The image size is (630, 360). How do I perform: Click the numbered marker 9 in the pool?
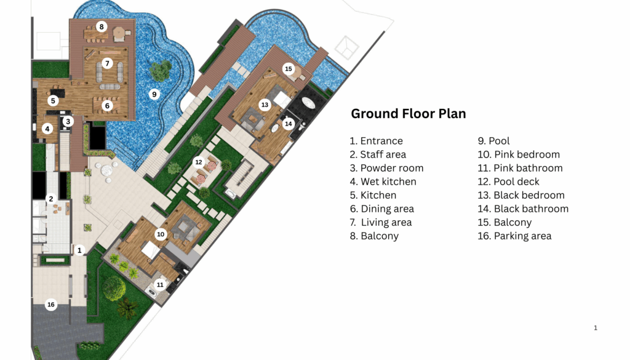click(x=154, y=94)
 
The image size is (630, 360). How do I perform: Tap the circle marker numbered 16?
click(x=51, y=305)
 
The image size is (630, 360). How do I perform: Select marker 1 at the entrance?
click(x=79, y=250)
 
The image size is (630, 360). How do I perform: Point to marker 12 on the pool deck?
click(x=199, y=162)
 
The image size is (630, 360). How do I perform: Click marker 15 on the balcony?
click(x=289, y=69)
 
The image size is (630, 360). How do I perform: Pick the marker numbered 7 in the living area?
click(x=107, y=63)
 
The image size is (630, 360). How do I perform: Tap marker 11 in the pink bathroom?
click(x=160, y=285)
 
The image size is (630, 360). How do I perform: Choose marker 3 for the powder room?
click(x=68, y=121)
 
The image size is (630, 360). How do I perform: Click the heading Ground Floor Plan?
click(x=409, y=114)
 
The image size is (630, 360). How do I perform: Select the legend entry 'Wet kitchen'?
click(x=383, y=182)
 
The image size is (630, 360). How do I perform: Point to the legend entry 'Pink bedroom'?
click(x=519, y=154)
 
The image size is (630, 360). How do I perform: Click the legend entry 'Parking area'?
click(x=514, y=236)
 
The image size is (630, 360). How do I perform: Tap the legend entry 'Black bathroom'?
click(x=523, y=209)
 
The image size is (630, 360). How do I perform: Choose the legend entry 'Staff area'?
click(x=378, y=154)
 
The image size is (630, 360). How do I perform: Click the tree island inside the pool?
click(x=161, y=71)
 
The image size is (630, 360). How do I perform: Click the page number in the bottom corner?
click(x=596, y=328)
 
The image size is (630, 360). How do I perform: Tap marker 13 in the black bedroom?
click(x=265, y=105)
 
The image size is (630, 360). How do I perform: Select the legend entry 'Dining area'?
click(x=381, y=209)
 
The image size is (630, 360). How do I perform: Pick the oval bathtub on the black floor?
click(x=309, y=102)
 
